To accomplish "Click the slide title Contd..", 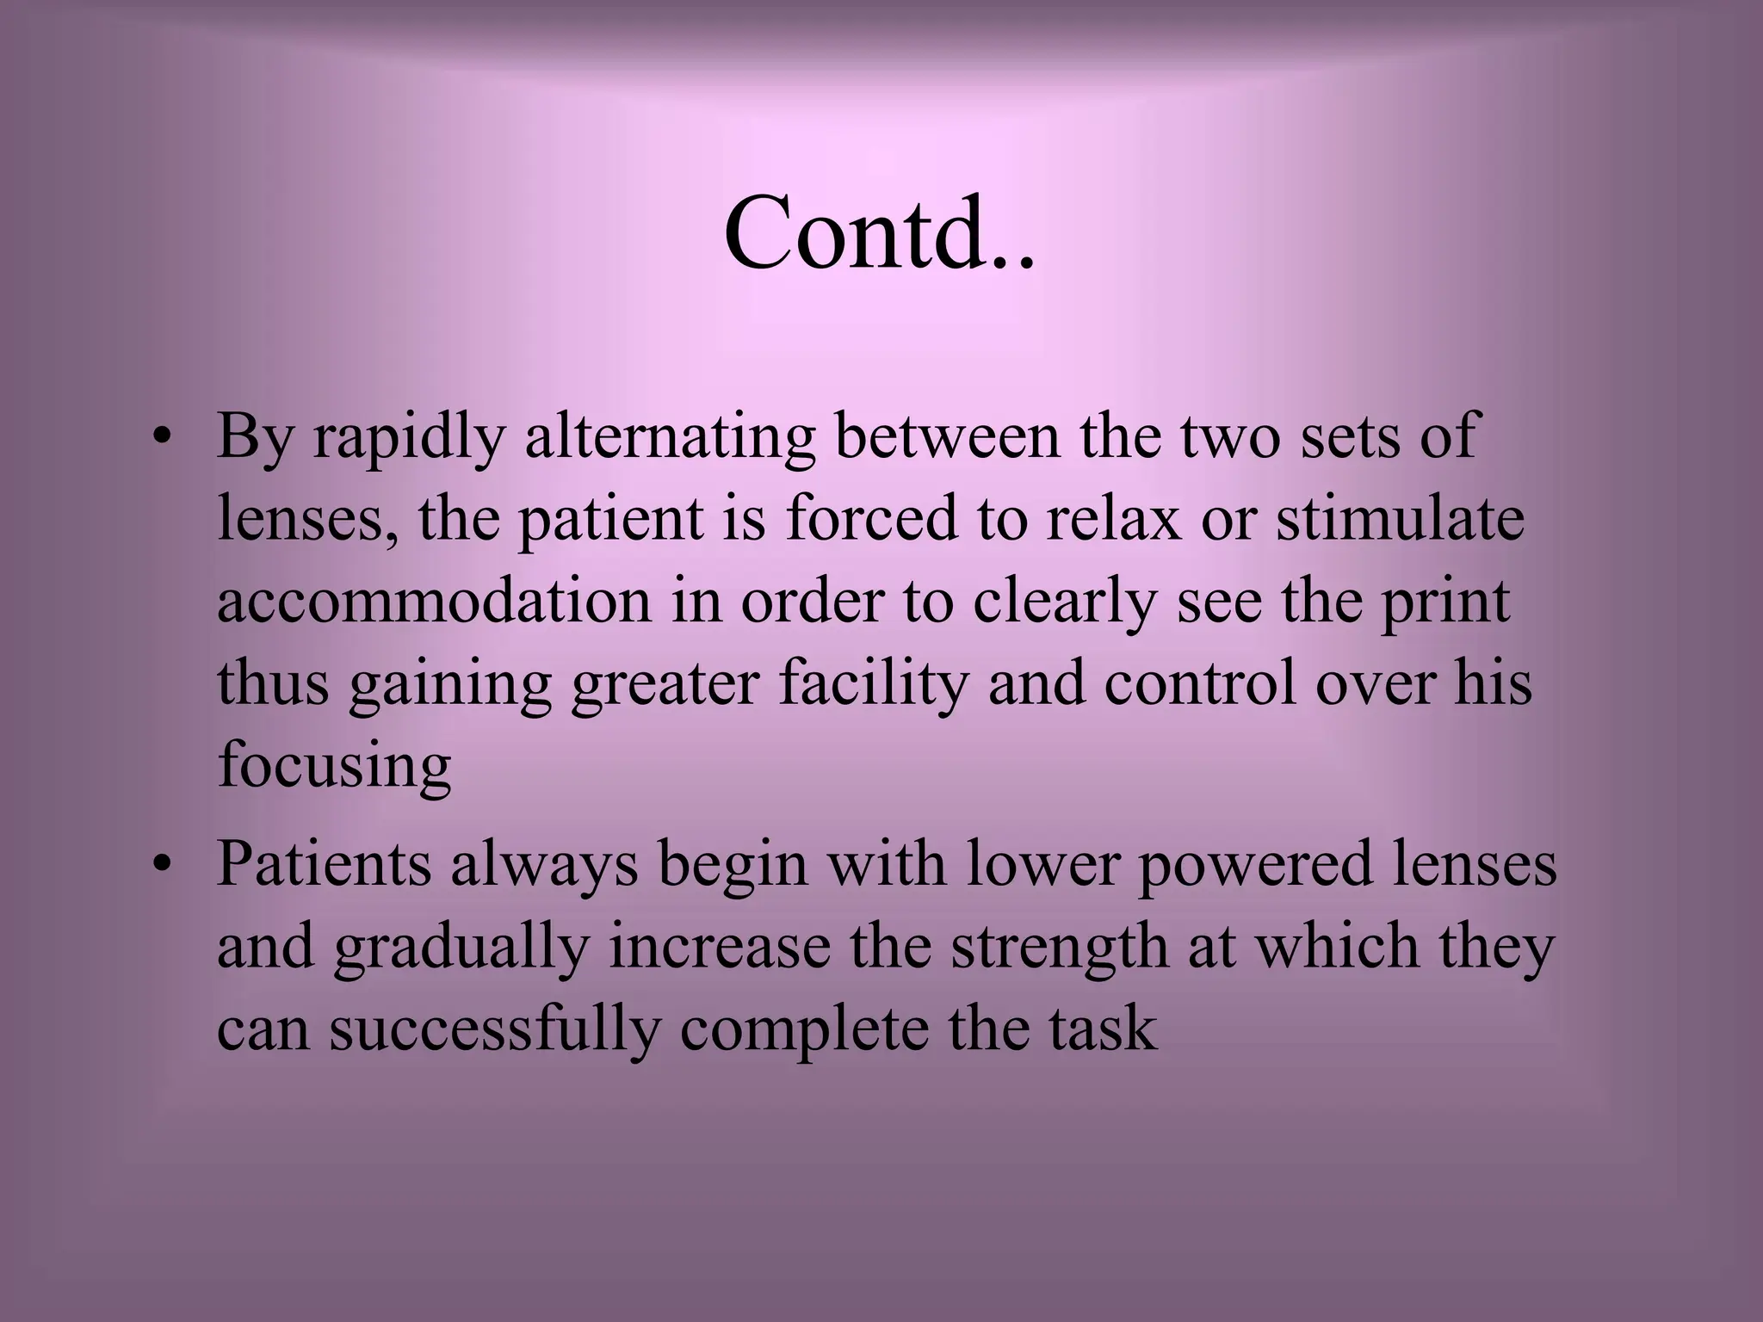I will [878, 234].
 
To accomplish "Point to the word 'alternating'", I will [669, 437].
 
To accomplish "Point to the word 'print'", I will [1446, 602].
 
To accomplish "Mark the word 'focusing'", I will [334, 766].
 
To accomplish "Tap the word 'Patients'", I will [324, 864].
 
